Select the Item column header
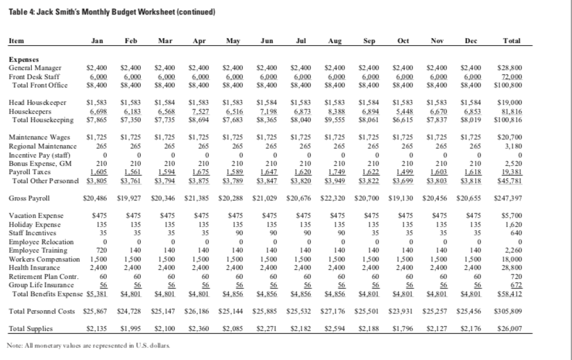click(x=16, y=42)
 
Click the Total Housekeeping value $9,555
click(x=336, y=119)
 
